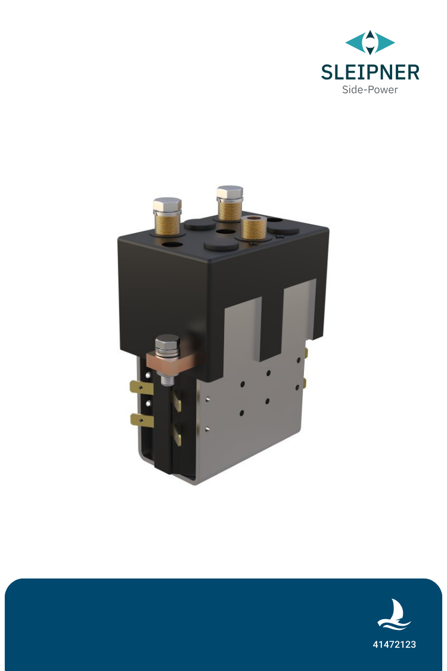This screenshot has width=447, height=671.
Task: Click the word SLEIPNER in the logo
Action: (370, 72)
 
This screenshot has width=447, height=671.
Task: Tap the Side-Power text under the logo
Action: (370, 90)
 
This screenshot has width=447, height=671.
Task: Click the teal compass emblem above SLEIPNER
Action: (370, 43)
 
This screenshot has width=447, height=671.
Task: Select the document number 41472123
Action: (394, 645)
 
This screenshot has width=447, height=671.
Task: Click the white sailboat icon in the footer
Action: (393, 615)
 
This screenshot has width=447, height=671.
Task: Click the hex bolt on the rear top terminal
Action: (229, 193)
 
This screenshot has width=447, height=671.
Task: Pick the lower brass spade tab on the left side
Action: (141, 420)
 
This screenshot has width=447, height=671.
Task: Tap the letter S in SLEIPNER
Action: (328, 72)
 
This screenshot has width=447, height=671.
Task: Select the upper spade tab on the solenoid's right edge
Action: (306, 353)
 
